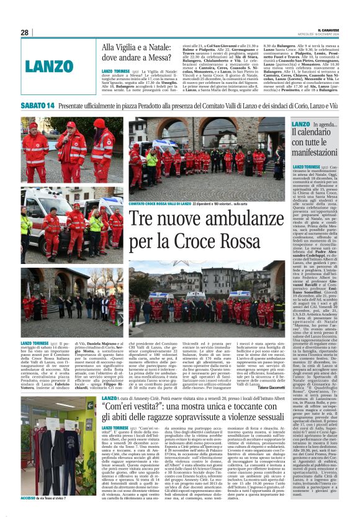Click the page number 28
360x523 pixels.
(x=24, y=32)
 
